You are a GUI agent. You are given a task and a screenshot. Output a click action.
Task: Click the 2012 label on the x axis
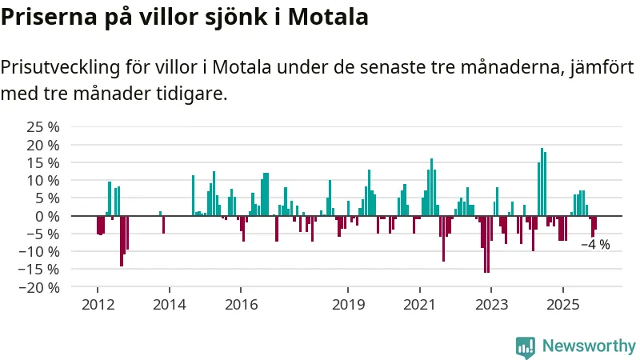[97, 304]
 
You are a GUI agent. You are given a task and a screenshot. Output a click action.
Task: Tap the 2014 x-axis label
[169, 304]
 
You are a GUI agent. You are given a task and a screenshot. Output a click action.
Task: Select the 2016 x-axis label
[241, 304]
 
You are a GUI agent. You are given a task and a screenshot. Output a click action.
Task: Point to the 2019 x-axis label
[348, 304]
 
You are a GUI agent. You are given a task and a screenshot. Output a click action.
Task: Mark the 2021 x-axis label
[419, 304]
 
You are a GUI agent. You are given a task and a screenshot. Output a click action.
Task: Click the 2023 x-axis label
[491, 304]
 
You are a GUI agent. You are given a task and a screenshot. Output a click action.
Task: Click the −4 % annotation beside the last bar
[595, 245]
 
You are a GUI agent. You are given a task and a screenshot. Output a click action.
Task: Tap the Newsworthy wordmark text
[589, 346]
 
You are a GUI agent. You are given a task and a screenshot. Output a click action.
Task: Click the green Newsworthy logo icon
[526, 346]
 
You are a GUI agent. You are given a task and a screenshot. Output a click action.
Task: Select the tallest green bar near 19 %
[542, 181]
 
